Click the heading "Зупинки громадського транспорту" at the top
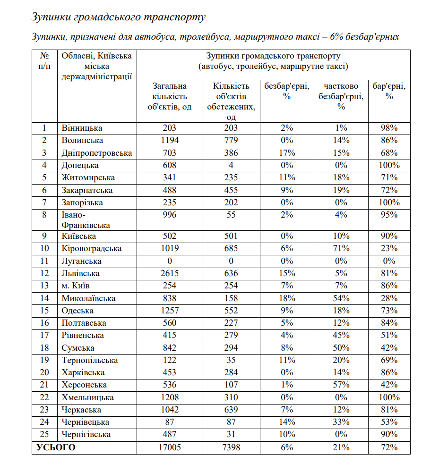click(x=119, y=17)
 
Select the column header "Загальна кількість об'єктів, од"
click(x=170, y=96)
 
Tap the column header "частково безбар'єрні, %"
click(x=342, y=96)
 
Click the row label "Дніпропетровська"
click(x=97, y=153)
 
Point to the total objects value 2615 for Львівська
click(x=170, y=273)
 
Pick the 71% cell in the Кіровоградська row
click(x=342, y=248)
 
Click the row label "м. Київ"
click(x=76, y=286)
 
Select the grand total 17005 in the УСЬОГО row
click(x=170, y=447)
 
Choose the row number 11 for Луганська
click(x=45, y=261)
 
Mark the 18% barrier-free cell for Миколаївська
click(x=286, y=298)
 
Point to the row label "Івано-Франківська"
click(x=86, y=220)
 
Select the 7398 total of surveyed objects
click(x=231, y=447)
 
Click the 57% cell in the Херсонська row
click(x=342, y=385)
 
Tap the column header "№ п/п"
click(x=45, y=61)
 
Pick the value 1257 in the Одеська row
click(x=170, y=311)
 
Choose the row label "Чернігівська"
click(x=86, y=434)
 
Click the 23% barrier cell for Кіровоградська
click(x=389, y=248)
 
